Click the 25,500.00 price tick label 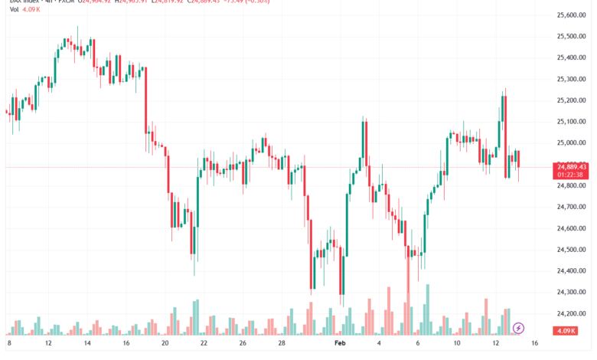[x=572, y=36]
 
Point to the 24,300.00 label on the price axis [x=572, y=292]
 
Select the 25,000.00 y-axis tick [x=572, y=142]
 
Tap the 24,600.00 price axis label [x=572, y=228]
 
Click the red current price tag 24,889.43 [x=572, y=166]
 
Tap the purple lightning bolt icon [x=518, y=328]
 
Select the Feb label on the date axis [x=341, y=345]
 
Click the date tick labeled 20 [x=165, y=345]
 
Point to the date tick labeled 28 [x=281, y=345]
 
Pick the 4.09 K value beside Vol [x=31, y=11]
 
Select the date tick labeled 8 [x=9, y=345]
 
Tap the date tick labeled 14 [x=86, y=345]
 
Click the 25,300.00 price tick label [x=572, y=79]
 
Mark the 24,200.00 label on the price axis [x=572, y=313]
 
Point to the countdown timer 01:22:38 [x=572, y=175]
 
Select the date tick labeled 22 [x=203, y=345]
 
